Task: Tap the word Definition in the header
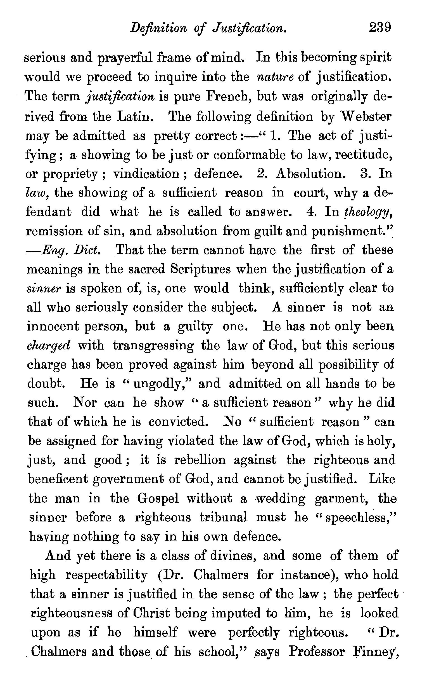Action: pyautogui.click(x=158, y=29)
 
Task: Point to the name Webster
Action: pyautogui.click(x=366, y=116)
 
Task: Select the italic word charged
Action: pyautogui.click(x=48, y=346)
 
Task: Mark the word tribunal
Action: pyautogui.click(x=223, y=517)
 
